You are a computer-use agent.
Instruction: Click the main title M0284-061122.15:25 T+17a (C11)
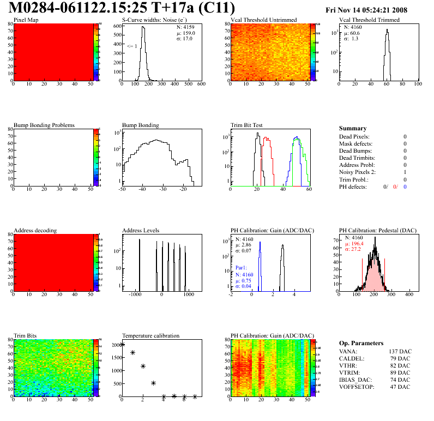pyautogui.click(x=123, y=8)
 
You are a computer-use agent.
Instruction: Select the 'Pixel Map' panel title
pyautogui.click(x=26, y=20)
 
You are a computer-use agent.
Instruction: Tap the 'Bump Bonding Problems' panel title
pyautogui.click(x=44, y=125)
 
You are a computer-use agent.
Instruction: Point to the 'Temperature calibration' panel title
pyautogui.click(x=151, y=335)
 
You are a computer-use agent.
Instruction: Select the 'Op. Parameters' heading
pyautogui.click(x=361, y=343)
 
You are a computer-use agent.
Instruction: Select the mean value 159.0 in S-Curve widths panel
pyautogui.click(x=185, y=33)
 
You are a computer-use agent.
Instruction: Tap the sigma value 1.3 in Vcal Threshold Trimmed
pyautogui.click(x=354, y=39)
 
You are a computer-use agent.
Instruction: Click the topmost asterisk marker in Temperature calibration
pyautogui.click(x=122, y=344)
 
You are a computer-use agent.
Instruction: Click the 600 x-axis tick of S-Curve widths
pyautogui.click(x=201, y=85)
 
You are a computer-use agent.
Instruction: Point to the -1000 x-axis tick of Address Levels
pyautogui.click(x=134, y=294)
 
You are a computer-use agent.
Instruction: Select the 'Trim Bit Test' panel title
pyautogui.click(x=247, y=125)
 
